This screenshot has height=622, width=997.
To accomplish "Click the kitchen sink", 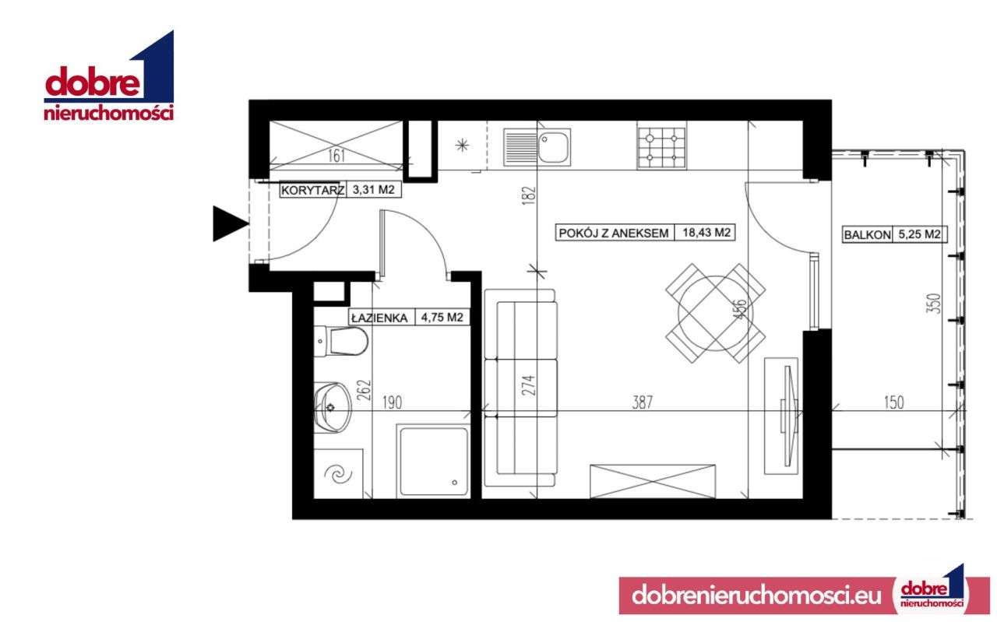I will (537, 146).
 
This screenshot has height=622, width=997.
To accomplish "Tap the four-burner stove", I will (660, 146).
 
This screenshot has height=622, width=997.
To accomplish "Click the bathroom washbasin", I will (330, 406).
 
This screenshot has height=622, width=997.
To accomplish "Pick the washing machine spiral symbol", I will (340, 473).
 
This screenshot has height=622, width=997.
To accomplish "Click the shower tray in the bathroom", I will (432, 462).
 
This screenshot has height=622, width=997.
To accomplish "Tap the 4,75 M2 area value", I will (442, 318).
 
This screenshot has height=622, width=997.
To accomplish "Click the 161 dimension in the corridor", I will (336, 156).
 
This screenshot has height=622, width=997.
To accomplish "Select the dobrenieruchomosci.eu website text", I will (752, 596).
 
